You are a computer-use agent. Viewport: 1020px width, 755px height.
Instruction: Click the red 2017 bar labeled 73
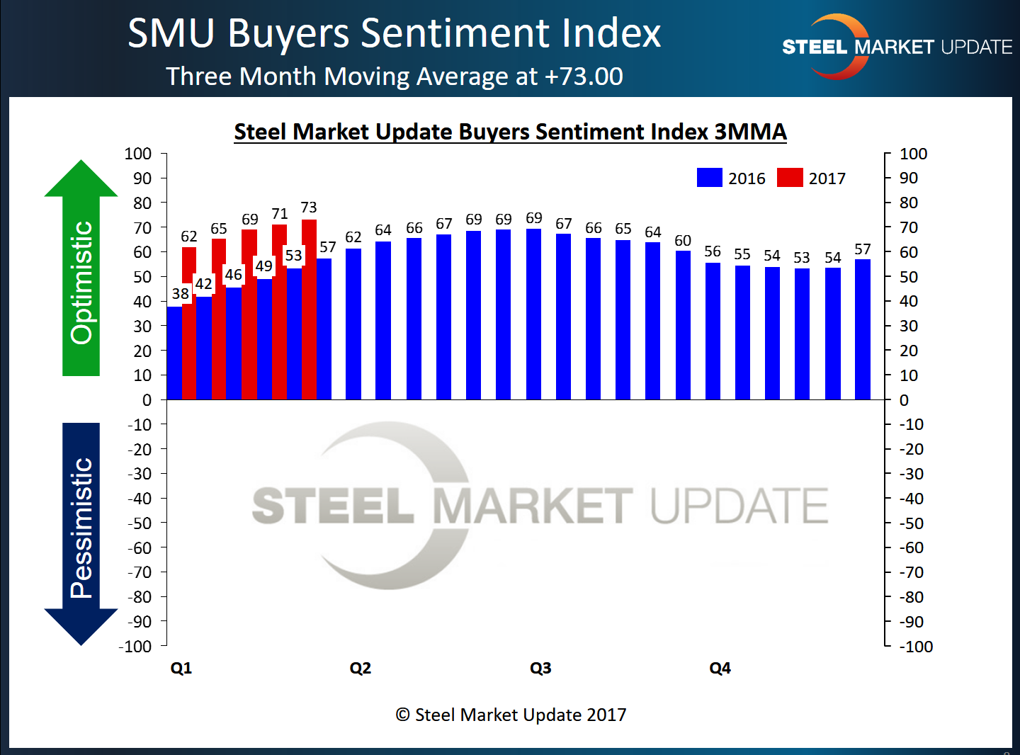tap(309, 310)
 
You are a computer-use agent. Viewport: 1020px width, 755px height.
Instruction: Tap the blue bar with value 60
tap(683, 325)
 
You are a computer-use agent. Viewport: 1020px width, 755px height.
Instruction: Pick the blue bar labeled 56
tap(713, 331)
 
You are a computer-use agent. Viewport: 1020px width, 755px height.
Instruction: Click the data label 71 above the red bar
tap(280, 214)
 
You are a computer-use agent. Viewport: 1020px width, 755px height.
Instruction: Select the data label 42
tap(203, 284)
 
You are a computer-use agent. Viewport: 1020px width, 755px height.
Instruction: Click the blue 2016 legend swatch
tap(709, 178)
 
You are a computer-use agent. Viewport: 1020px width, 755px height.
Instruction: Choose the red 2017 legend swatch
tap(790, 178)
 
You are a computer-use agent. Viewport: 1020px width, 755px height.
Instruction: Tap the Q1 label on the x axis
tap(181, 668)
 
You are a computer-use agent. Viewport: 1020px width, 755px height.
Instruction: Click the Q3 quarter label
tap(540, 668)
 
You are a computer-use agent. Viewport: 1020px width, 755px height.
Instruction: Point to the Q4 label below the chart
tap(720, 668)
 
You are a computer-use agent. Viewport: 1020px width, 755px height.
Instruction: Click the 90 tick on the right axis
tap(909, 178)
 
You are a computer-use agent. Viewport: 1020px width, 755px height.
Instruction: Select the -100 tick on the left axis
tap(136, 646)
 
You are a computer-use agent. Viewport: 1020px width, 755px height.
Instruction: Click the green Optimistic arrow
tap(81, 269)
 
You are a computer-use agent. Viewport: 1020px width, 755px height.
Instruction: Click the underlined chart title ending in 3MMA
tap(510, 132)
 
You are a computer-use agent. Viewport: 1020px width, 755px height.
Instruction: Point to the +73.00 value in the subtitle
tap(584, 76)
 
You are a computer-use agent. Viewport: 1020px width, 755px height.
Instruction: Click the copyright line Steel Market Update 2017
tap(511, 715)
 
